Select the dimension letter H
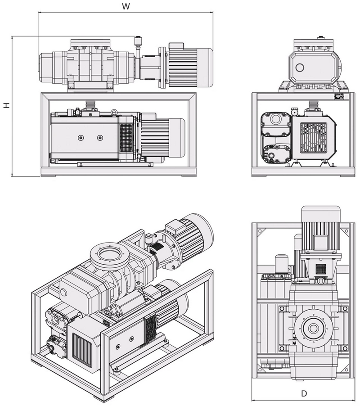6,105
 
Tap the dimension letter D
304,393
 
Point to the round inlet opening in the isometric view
106,256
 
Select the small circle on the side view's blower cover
299,68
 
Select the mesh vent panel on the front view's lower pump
126,138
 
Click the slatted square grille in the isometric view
82,350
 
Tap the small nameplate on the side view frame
338,95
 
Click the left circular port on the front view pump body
81,137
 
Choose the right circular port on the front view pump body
100,137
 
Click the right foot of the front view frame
189,175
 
